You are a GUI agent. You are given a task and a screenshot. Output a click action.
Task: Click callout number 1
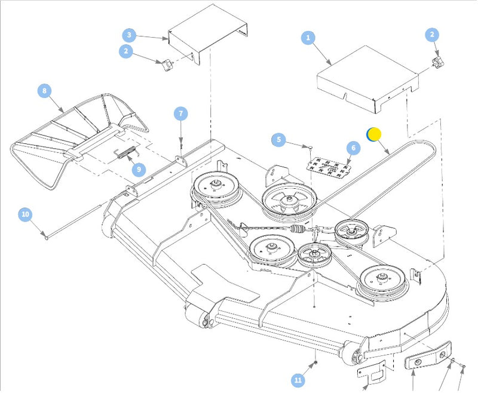pos(308,38)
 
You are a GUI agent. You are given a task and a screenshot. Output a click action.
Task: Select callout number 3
pos(130,35)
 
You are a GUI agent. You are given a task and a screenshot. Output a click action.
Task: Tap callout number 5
pos(278,140)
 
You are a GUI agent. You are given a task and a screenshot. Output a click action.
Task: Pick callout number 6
pos(352,148)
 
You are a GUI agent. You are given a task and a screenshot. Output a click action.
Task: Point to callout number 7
pos(181,113)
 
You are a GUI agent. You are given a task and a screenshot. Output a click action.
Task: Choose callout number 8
pos(44,91)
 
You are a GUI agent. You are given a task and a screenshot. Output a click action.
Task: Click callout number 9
pos(138,170)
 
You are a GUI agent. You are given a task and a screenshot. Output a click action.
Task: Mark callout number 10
pos(24,213)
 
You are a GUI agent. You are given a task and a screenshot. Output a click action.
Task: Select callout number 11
pos(298,380)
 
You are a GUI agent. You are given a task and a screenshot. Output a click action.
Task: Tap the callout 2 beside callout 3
pos(125,51)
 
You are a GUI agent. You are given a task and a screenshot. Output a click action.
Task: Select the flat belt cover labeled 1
pos(364,82)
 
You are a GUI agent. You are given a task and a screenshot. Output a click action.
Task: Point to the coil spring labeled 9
pos(124,154)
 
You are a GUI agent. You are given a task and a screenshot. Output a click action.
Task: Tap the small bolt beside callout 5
pos(311,146)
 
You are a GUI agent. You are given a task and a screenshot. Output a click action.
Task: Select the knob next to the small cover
pos(166,64)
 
